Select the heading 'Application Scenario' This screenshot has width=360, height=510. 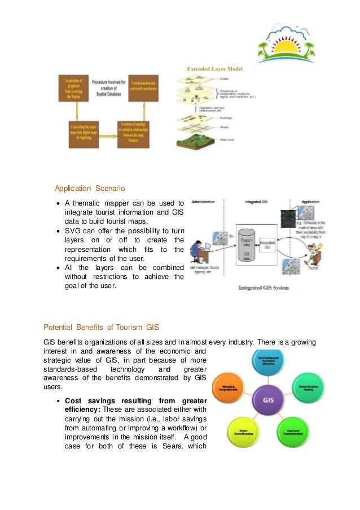(x=90, y=188)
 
